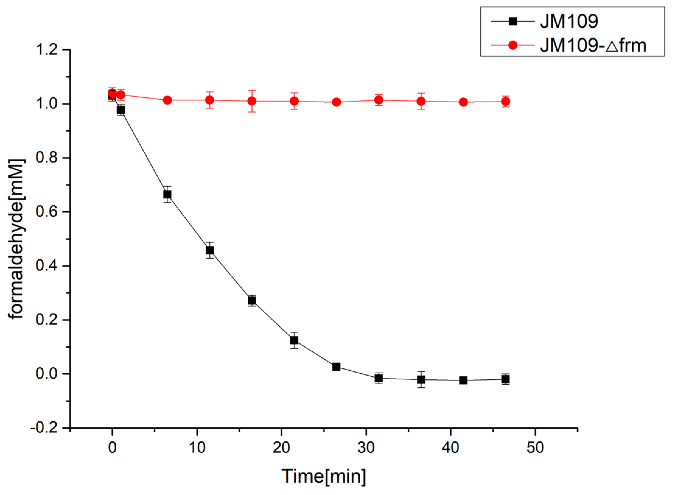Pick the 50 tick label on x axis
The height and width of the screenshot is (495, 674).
535,447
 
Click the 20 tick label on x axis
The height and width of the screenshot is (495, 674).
281,447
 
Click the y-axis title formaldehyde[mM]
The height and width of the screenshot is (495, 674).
16,239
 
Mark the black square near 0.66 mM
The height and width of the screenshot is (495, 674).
167,194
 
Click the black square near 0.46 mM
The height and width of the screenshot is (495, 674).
210,250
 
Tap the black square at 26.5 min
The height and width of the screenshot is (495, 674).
336,367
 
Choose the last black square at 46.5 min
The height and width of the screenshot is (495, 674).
505,379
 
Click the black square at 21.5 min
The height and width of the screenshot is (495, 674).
294,340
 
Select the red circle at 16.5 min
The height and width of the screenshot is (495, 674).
252,101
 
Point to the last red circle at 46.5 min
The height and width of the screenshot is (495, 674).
505,101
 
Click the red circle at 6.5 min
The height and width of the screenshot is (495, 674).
167,100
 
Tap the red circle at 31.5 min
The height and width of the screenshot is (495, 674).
379,100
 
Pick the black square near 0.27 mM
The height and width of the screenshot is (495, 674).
252,300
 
